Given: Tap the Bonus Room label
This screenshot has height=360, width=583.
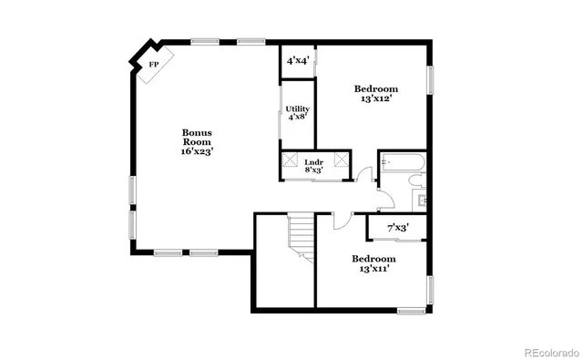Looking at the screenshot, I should click(197, 137).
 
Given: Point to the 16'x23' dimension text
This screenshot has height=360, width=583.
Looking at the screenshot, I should click(197, 152).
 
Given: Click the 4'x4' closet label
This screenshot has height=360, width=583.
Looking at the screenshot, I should click(297, 60).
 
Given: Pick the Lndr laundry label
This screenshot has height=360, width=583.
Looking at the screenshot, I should click(313, 161).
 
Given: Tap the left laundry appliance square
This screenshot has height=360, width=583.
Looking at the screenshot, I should click(291, 161).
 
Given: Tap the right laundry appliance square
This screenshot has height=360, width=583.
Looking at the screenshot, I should click(341, 161).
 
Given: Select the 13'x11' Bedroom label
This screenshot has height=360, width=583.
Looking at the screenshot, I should click(375, 263).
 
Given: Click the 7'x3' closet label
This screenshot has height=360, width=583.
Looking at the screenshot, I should click(398, 227).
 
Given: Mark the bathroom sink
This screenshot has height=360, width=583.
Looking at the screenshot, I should click(420, 198).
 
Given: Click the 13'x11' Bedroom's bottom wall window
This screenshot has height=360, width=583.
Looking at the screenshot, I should click(411, 311).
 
